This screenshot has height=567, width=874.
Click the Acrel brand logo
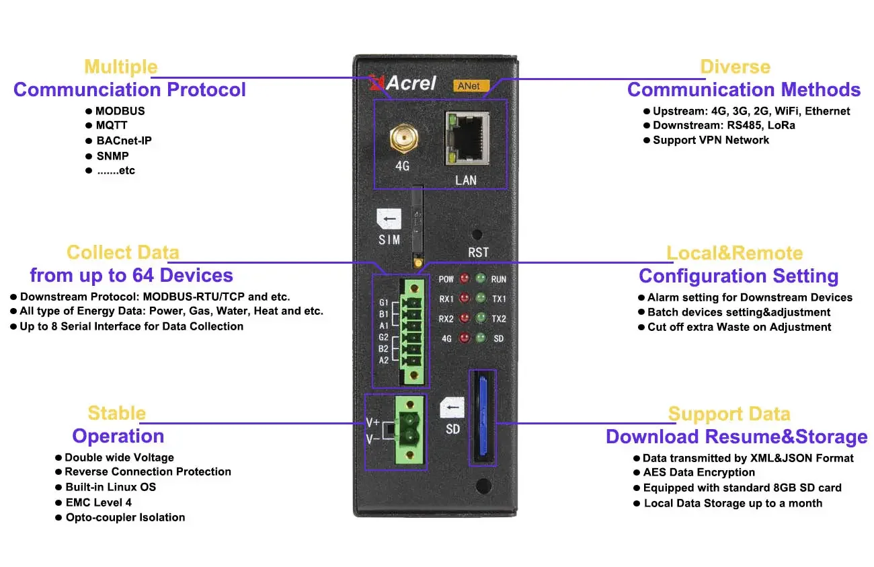click(x=403, y=83)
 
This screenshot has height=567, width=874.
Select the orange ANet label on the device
click(x=470, y=85)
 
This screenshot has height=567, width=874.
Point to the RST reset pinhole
click(x=477, y=235)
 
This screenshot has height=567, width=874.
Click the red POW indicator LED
click(x=463, y=278)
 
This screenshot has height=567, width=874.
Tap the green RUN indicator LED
click(x=480, y=278)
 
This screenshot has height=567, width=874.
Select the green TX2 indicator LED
click(x=480, y=318)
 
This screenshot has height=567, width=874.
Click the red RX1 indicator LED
click(x=463, y=298)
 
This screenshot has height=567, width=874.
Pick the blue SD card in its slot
click(x=482, y=418)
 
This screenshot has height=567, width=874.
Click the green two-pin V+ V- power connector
click(x=407, y=430)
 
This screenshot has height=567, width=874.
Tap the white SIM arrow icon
click(x=389, y=219)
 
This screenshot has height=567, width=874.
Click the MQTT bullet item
click(x=111, y=126)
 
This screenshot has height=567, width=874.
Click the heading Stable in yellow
click(x=116, y=413)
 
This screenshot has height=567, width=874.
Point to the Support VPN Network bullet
click(x=711, y=140)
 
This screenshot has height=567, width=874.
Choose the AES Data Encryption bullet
click(x=699, y=473)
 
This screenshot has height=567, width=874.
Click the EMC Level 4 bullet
click(x=98, y=502)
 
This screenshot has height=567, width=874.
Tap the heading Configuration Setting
click(x=738, y=276)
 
